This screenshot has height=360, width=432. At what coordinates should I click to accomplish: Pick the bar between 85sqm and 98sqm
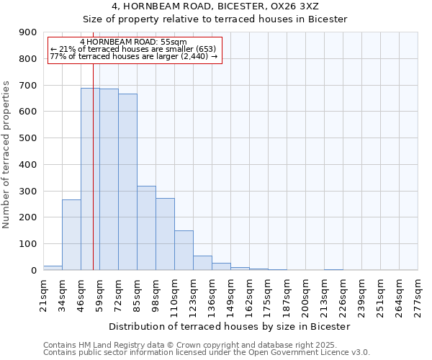click(146, 228)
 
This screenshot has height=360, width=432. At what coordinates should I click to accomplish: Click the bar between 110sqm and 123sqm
click(184, 250)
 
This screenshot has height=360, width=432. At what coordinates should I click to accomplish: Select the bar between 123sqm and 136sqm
click(202, 263)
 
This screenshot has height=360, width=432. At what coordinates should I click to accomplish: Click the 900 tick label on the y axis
click(28, 32)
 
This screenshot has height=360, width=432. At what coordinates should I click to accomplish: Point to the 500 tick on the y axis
click(28, 138)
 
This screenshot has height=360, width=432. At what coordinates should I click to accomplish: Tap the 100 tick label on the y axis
click(28, 244)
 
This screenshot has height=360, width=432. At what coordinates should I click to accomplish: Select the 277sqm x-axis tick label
click(418, 294)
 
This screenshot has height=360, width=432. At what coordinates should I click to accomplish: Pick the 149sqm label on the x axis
click(230, 294)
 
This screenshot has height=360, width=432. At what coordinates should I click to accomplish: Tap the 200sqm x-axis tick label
click(305, 294)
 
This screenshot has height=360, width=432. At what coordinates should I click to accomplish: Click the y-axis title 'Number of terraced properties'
click(7, 154)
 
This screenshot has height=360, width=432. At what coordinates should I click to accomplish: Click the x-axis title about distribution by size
click(230, 326)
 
